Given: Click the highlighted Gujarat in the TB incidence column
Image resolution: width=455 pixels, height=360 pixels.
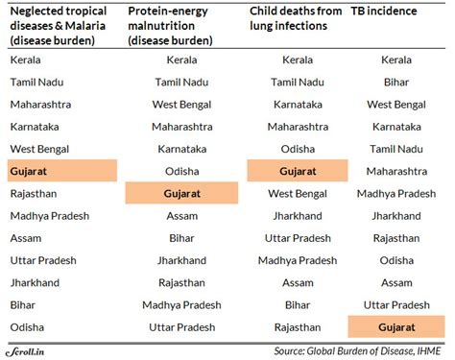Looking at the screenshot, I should click(x=396, y=327).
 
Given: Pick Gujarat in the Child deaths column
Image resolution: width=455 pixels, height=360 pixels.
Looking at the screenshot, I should click(x=298, y=171).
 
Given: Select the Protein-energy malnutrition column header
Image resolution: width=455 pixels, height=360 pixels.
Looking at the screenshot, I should click(x=177, y=27).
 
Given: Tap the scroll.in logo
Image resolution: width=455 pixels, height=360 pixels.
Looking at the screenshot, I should click(x=26, y=350).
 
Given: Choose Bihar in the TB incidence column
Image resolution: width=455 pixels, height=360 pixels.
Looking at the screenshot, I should click(x=396, y=82).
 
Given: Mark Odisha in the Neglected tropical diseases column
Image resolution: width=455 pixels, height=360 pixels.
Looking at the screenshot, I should click(x=28, y=327).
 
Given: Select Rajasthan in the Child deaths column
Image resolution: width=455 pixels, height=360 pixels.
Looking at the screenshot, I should click(x=298, y=327).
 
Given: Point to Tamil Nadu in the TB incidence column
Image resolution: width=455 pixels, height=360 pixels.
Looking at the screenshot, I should click(x=396, y=149).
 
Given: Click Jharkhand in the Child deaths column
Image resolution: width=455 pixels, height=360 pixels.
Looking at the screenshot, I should click(x=298, y=216).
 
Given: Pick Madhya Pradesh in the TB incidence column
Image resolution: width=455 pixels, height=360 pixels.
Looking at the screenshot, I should click(x=396, y=193).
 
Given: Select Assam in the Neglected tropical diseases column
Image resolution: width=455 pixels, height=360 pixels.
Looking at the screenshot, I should click(x=28, y=238).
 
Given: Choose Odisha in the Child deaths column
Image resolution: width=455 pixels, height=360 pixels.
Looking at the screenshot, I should click(x=298, y=149).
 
